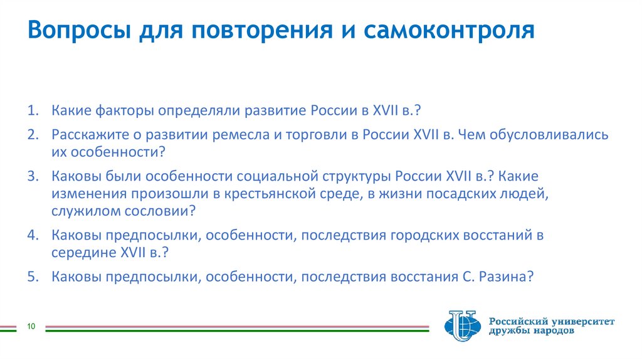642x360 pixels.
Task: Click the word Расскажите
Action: pyautogui.click(x=88, y=135)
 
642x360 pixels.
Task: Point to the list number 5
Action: pyautogui.click(x=33, y=277)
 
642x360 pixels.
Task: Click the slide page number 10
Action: pyautogui.click(x=30, y=326)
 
